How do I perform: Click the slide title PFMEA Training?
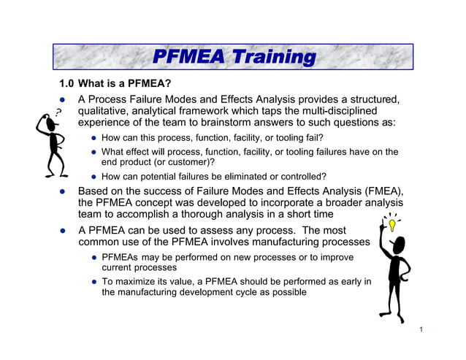(x=233, y=57)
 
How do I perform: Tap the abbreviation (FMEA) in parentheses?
(x=380, y=191)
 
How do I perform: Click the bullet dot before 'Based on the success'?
(x=64, y=191)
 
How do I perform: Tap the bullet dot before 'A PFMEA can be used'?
(x=64, y=230)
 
